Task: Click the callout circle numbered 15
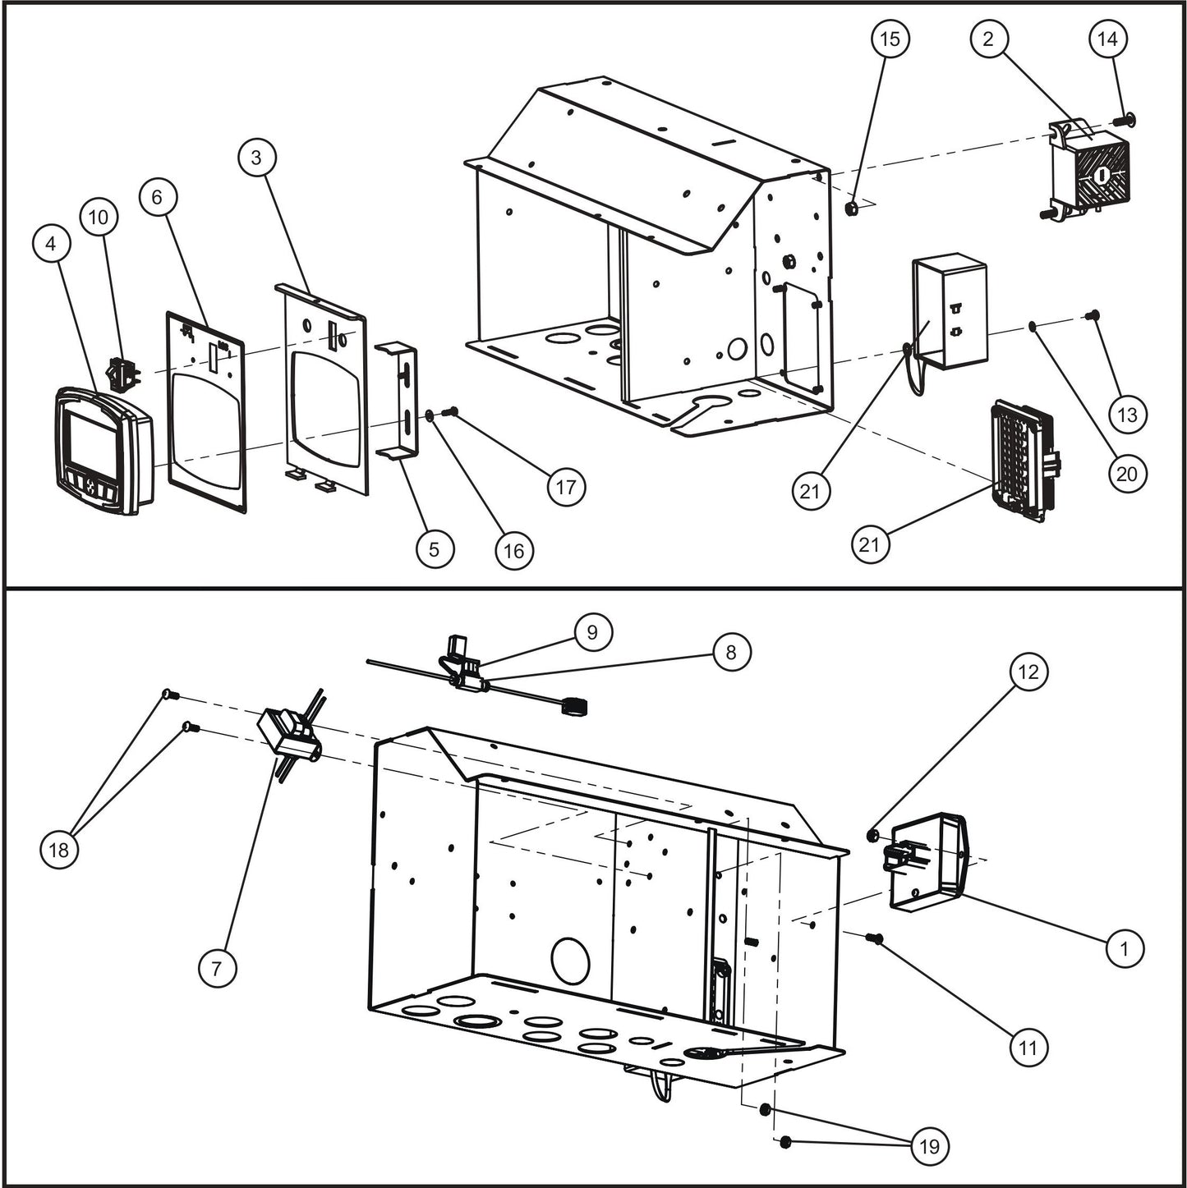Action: coord(890,39)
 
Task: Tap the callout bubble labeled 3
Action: coord(257,157)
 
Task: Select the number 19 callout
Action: coord(929,1145)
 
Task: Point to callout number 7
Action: coord(217,968)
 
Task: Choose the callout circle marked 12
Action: coord(1028,672)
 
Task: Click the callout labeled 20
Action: coord(1127,474)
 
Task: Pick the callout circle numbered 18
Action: coord(59,849)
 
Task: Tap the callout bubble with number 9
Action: coord(592,632)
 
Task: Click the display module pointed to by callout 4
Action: coord(103,452)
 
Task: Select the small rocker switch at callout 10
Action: coord(123,374)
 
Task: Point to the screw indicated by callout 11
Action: coord(874,938)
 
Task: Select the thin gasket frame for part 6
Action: coord(206,411)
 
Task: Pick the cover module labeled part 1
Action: coord(928,862)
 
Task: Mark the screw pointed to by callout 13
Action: coord(1093,314)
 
